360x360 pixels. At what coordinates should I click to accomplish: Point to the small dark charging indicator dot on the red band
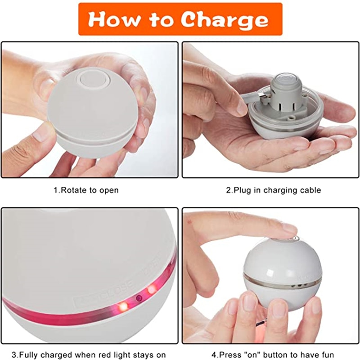point(139,298)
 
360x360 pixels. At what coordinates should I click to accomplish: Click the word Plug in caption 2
point(243,190)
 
